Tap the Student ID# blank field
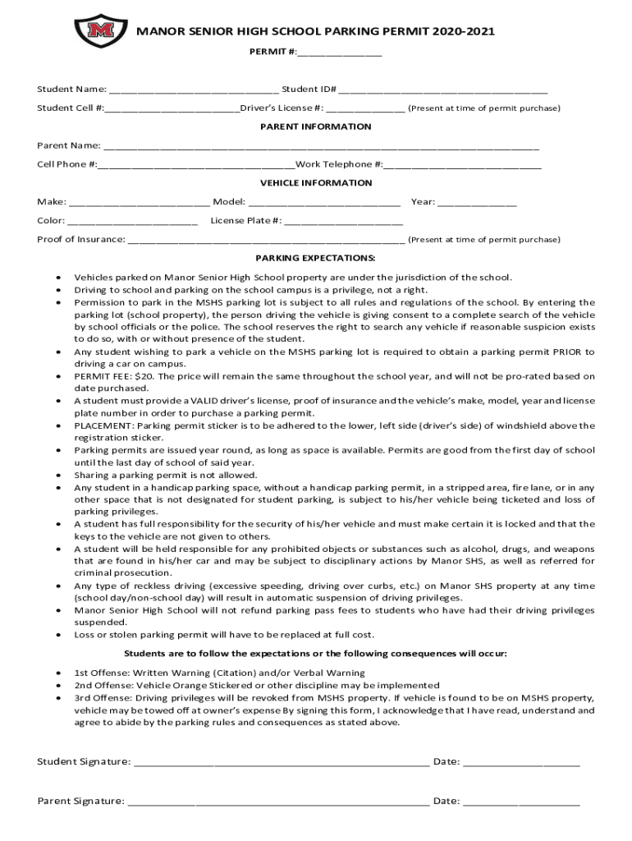pos(443,90)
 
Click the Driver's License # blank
pos(365,108)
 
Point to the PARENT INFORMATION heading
pos(316,126)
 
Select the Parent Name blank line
pos(321,147)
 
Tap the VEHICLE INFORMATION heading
pos(316,183)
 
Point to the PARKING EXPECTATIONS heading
pos(316,258)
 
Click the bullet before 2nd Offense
pos(57,685)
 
